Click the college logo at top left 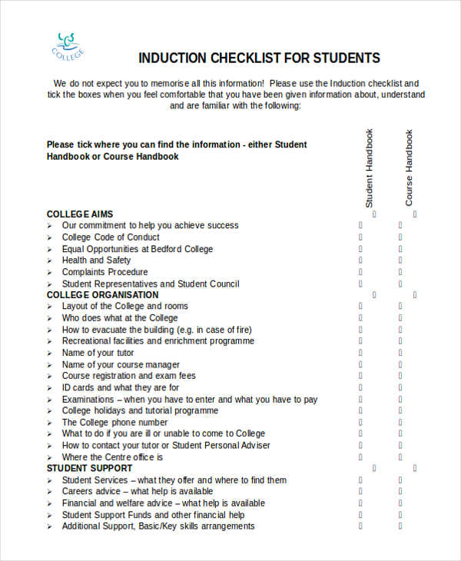coord(68,45)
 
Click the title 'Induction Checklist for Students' coord(259,58)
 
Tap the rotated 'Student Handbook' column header coord(370,168)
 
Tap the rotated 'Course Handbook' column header coord(410,168)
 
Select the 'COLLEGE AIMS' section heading coord(79,214)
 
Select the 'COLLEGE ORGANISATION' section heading coord(102,295)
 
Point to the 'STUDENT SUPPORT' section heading coord(89,468)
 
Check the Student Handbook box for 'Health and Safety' coord(360,261)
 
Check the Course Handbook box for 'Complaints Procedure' coord(400,272)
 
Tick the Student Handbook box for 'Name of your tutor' coord(360,353)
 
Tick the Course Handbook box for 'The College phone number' coord(400,422)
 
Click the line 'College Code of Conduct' coord(111,237)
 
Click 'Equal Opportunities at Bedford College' coord(138,249)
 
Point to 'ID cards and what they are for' coord(121,387)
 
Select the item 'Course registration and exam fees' coord(128,376)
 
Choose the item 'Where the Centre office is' coord(112,457)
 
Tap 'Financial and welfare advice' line coord(163,503)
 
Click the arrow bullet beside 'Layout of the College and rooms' coord(50,307)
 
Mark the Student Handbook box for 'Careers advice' coord(360,492)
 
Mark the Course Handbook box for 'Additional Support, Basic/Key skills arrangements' coord(400,526)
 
